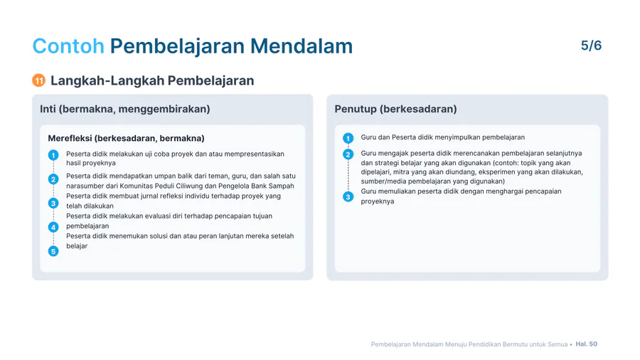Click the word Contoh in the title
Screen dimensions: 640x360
68,46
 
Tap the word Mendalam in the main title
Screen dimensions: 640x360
302,46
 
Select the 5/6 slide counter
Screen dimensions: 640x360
591,46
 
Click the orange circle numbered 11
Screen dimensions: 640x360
39,80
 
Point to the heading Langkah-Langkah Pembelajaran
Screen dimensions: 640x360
152,80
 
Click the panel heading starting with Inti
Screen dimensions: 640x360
125,109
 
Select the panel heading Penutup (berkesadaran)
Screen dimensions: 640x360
395,109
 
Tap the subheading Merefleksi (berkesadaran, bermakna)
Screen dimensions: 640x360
126,138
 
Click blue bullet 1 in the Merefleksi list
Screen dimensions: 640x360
53,155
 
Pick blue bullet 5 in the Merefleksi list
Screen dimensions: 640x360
53,251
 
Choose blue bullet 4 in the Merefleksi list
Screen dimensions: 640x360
53,227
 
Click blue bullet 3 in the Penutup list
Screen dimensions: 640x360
348,197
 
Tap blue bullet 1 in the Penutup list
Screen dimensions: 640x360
348,138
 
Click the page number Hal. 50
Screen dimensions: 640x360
587,344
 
